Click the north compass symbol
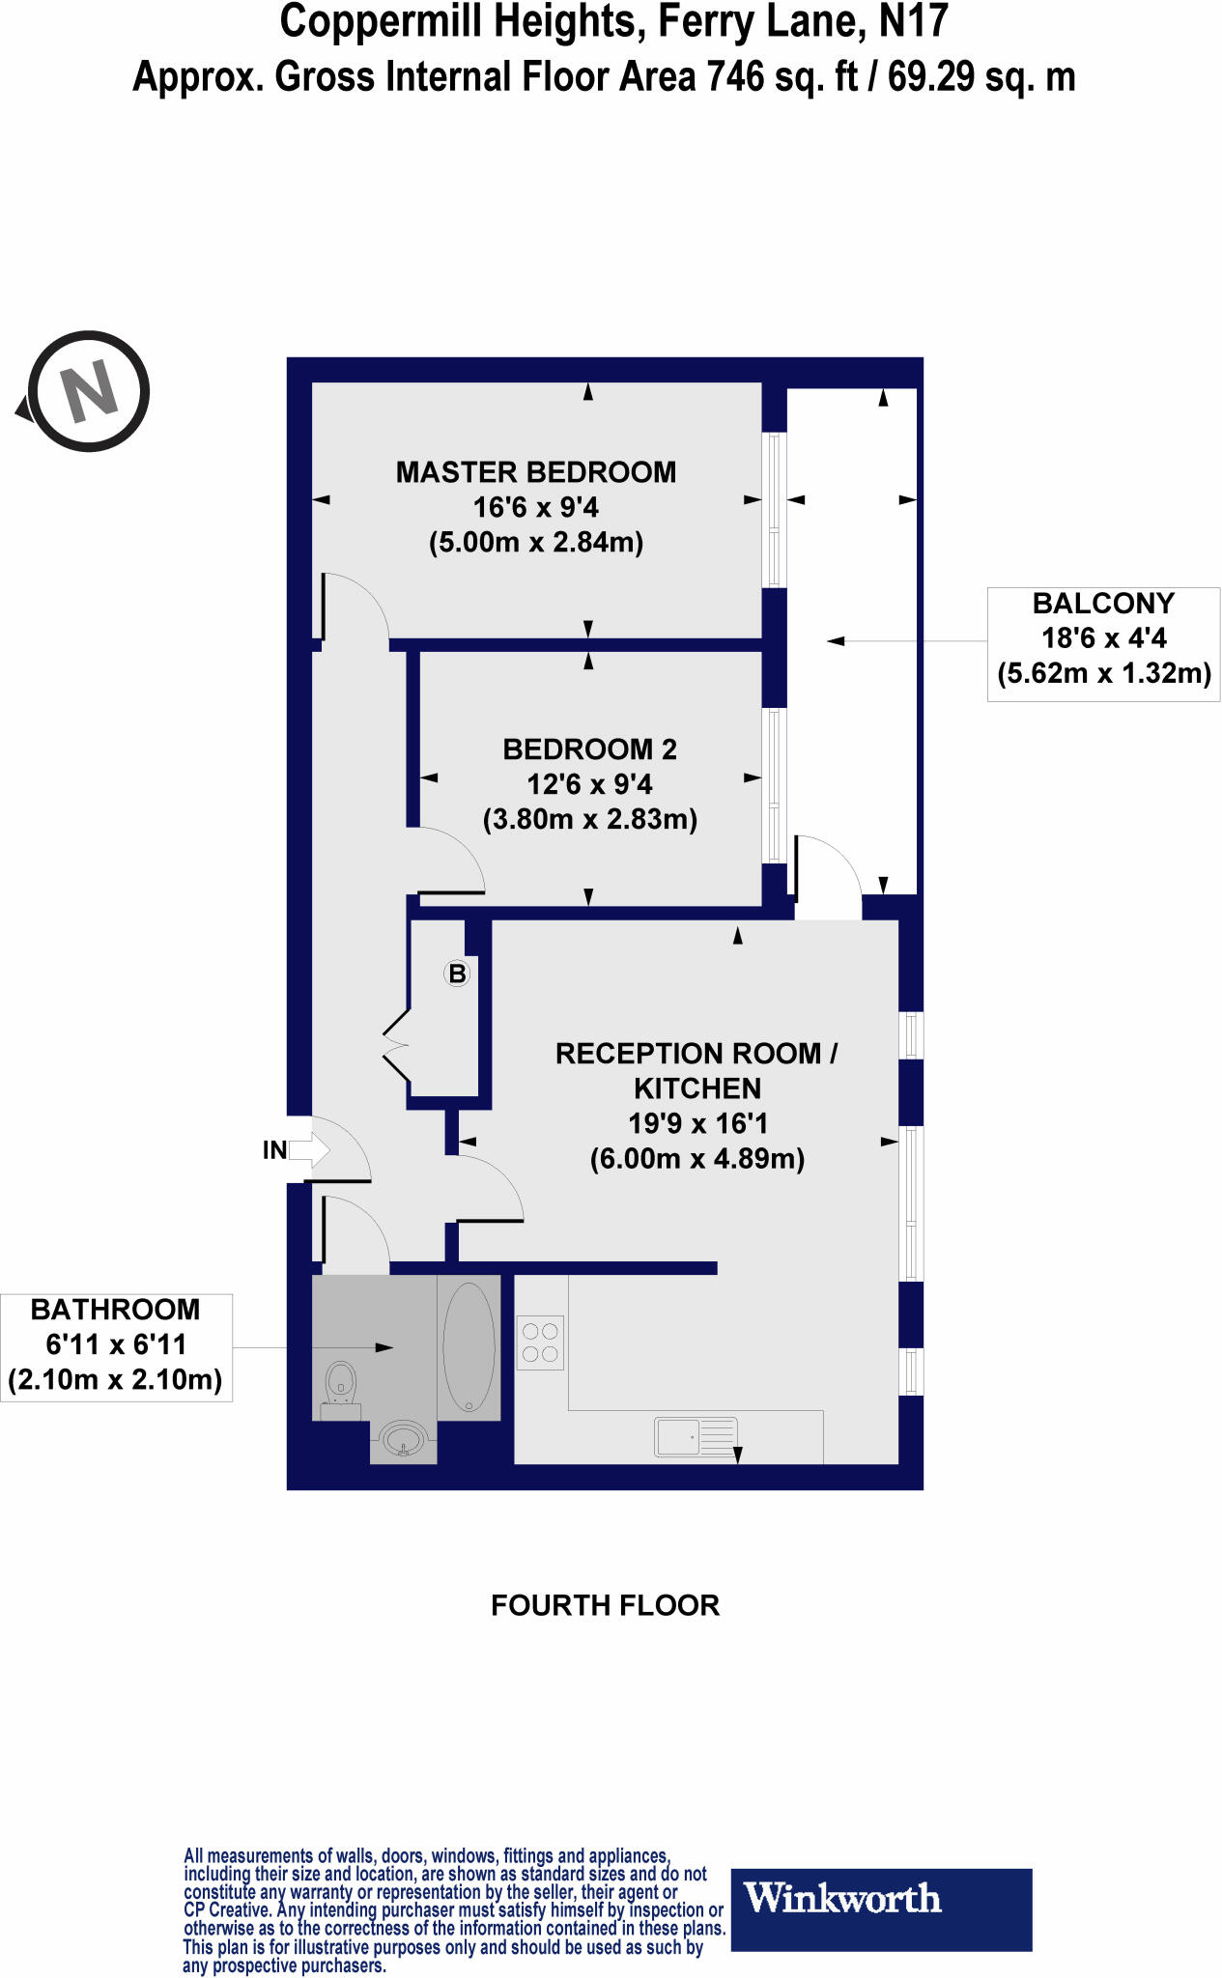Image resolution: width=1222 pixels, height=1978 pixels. (88, 391)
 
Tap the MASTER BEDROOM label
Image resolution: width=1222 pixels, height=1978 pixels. (536, 472)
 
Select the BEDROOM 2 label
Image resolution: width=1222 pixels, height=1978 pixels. (589, 749)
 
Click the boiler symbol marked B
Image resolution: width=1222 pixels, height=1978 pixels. (457, 974)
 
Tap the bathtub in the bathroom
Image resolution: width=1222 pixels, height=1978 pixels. (469, 1346)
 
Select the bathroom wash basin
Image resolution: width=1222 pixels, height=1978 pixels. (404, 1439)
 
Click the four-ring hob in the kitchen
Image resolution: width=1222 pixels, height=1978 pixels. (541, 1342)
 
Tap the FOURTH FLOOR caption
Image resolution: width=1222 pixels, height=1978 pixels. (605, 1605)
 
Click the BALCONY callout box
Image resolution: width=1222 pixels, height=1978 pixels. (1103, 638)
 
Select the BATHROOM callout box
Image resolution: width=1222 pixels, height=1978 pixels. (116, 1344)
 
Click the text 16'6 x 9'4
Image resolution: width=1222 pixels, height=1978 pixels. (536, 507)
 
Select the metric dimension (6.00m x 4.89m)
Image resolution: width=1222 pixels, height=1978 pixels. (697, 1158)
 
